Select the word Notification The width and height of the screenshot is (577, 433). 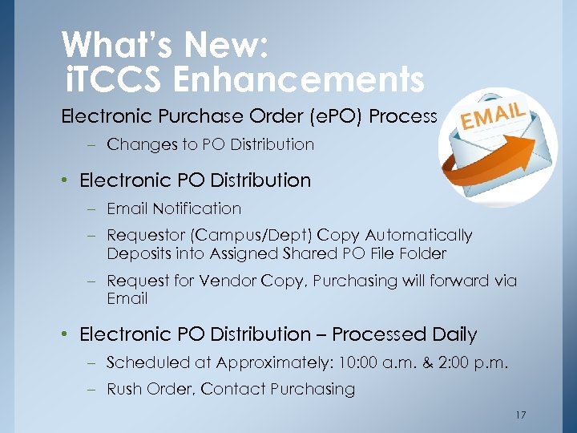coord(196,208)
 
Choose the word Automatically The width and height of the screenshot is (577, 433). coord(419,235)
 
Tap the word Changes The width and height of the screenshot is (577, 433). coord(136,144)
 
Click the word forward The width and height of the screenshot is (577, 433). coord(461,281)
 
